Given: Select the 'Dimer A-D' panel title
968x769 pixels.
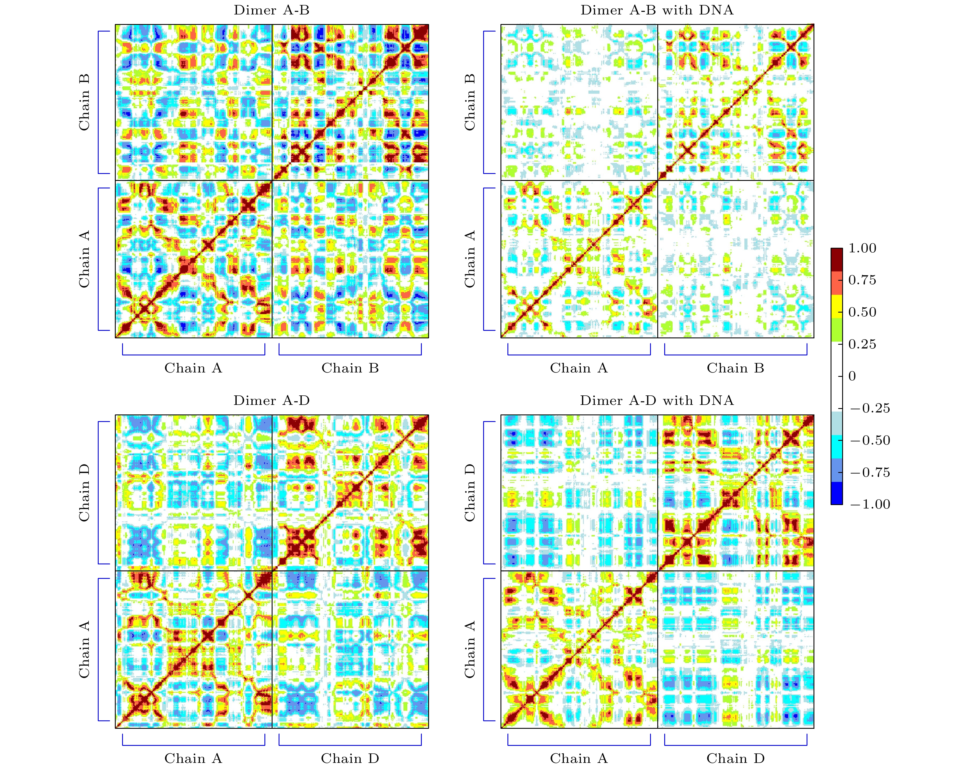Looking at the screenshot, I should [272, 401].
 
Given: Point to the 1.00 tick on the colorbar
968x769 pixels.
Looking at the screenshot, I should [862, 248].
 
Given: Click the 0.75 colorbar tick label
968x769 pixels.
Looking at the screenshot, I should [862, 280].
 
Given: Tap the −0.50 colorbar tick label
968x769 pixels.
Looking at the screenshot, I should [870, 441].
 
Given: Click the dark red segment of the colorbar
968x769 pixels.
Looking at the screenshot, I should [836, 260].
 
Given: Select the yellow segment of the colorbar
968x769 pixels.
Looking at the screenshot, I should [836, 306].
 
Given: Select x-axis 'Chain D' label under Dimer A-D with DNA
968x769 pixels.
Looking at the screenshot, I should [735, 759].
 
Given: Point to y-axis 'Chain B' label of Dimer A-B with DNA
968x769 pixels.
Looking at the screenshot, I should [470, 102].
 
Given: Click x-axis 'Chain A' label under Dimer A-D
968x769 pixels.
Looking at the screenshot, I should [193, 759].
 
